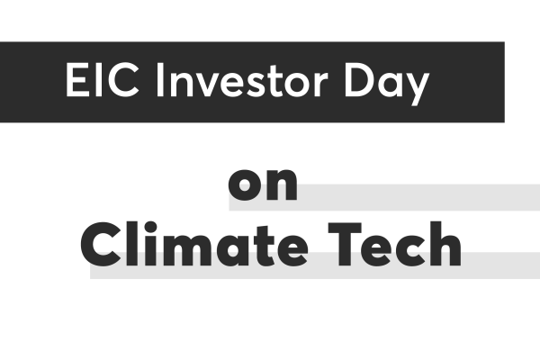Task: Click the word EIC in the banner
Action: click(103, 80)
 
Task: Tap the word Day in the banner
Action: click(387, 84)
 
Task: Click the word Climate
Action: click(194, 244)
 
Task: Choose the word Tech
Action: click(395, 244)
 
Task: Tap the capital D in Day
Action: click(359, 80)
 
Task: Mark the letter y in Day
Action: click(418, 89)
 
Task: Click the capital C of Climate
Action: click(101, 245)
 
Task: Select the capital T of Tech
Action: click(345, 245)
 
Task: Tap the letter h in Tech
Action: click(445, 244)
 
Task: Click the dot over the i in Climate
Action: click(150, 228)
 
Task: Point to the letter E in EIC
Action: click(76, 80)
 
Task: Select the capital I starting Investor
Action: click(159, 80)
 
